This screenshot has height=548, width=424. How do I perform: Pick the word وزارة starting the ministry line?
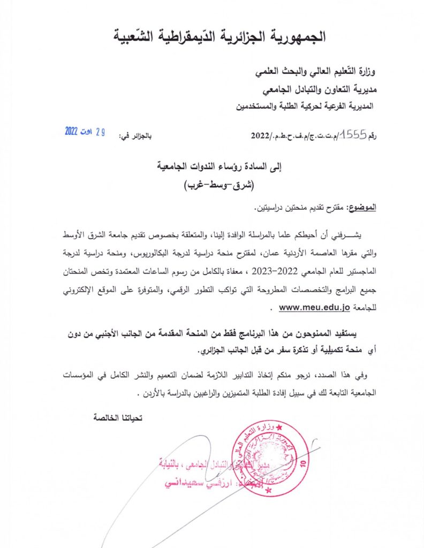click(366, 71)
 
